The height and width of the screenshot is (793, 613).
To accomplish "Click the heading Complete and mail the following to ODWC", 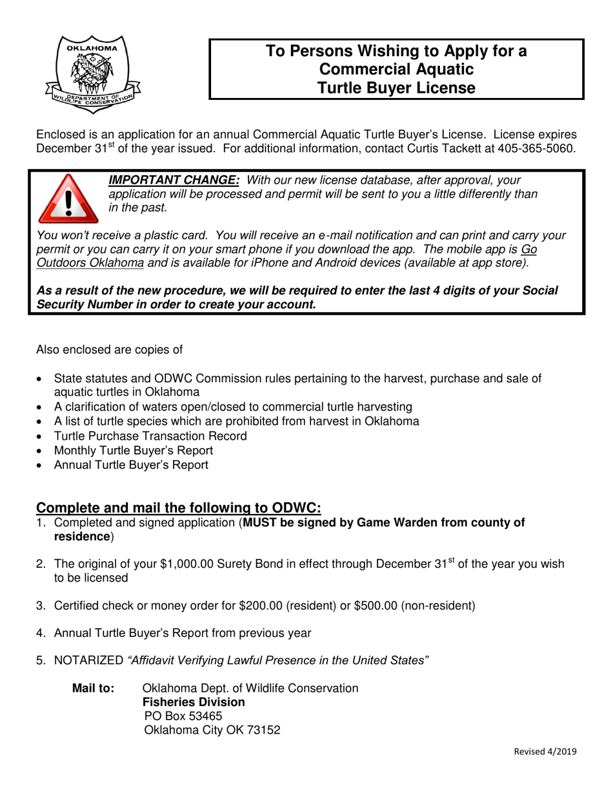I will point(178,508).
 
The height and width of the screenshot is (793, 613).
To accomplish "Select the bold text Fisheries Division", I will point(194,702).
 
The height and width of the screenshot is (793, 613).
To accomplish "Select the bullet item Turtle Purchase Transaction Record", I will point(150,436).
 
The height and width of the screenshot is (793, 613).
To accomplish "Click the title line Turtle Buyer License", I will point(397,87).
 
